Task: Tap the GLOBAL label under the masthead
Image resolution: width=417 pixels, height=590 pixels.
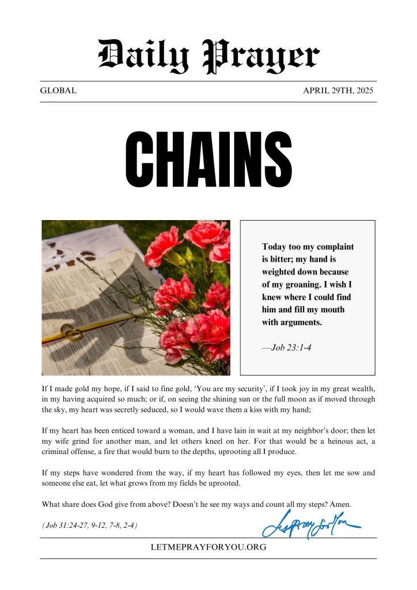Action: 58,91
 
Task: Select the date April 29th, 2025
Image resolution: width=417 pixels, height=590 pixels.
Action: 339,91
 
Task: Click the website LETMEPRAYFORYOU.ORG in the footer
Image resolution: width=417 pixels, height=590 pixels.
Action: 208,547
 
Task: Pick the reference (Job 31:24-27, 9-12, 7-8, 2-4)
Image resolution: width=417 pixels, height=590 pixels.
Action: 89,525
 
